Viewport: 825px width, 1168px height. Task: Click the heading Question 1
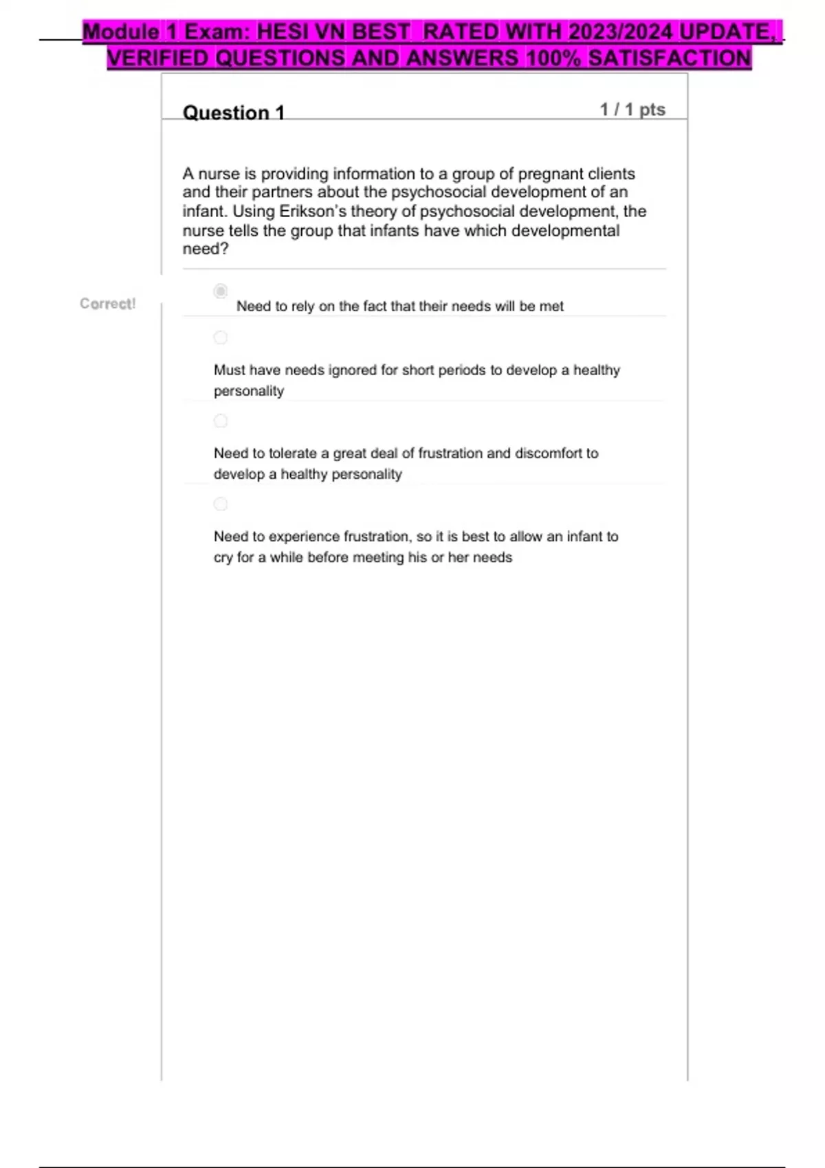click(233, 112)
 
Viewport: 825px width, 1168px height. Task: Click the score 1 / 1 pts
click(632, 109)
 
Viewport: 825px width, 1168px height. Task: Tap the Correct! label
click(107, 304)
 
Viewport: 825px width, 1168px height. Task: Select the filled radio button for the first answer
click(220, 291)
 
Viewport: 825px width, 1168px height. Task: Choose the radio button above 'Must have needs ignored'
click(220, 337)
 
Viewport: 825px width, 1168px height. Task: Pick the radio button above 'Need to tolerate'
click(220, 420)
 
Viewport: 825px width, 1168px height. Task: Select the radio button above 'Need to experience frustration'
click(220, 504)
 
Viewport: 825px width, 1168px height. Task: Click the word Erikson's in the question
click(307, 211)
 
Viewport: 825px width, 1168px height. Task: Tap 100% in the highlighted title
click(553, 58)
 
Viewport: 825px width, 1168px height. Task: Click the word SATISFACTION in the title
click(670, 58)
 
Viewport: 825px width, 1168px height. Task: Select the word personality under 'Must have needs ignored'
click(248, 391)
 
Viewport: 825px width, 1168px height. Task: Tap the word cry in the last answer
click(223, 558)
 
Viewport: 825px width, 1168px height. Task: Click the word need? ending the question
click(205, 249)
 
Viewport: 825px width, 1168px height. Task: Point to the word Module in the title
click(121, 32)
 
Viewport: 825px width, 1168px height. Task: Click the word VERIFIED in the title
click(157, 58)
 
